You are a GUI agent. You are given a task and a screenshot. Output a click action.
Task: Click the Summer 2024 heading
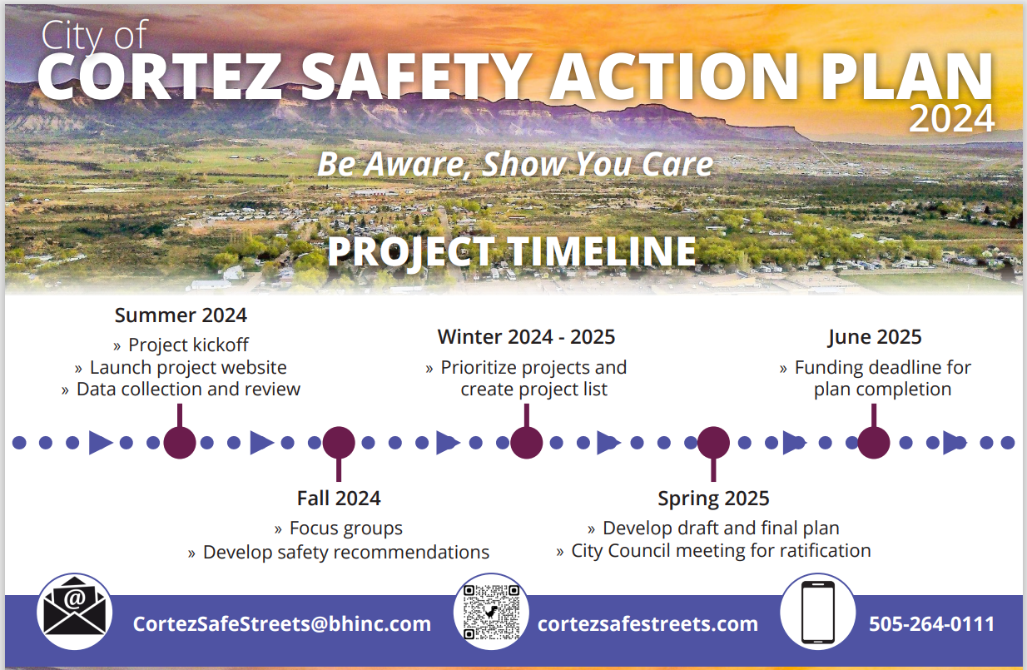point(181,315)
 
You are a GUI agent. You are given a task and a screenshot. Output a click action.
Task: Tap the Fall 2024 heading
point(339,499)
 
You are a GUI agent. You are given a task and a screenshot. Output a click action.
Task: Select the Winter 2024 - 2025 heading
point(526,337)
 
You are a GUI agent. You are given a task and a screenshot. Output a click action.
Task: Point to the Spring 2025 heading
point(713,499)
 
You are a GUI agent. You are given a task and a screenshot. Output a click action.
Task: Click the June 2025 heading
point(875,337)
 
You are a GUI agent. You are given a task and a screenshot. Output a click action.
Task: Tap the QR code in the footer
point(491,613)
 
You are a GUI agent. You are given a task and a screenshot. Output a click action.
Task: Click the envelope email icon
point(75,613)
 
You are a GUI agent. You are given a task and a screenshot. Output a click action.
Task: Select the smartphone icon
point(817,613)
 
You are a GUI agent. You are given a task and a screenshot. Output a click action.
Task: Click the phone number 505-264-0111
point(931,623)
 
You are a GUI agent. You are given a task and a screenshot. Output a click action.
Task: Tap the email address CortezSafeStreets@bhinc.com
point(282,623)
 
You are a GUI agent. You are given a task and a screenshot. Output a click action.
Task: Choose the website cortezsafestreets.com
point(648,623)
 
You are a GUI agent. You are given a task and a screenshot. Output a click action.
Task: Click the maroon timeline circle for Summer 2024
point(180,443)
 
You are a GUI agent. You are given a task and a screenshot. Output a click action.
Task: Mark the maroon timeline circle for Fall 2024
point(339,443)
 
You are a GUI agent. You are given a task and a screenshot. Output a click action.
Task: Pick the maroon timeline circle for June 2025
point(874,443)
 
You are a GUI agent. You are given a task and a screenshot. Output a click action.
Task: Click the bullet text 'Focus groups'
point(345,529)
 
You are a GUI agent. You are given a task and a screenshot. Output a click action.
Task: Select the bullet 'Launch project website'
point(187,367)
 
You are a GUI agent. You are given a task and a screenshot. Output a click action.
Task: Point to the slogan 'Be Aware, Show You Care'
point(515,164)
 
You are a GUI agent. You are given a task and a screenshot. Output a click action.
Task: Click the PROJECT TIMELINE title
point(512,252)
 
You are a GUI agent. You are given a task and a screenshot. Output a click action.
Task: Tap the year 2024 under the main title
point(951,119)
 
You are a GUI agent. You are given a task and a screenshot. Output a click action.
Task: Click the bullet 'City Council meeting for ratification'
point(721,551)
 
